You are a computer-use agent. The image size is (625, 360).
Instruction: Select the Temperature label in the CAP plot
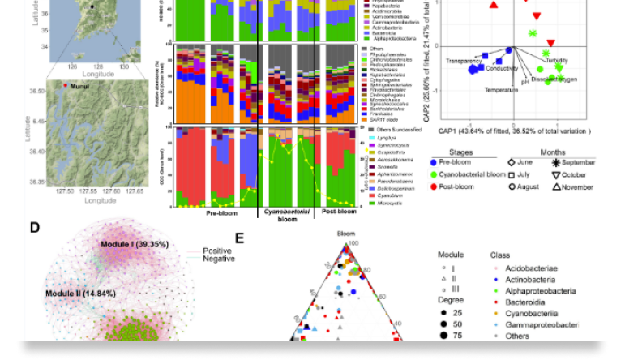coord(502,89)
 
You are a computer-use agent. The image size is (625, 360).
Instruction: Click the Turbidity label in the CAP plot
coord(556,61)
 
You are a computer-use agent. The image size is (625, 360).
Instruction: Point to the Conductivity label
coord(503,68)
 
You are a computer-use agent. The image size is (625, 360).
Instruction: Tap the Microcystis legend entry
coord(392,201)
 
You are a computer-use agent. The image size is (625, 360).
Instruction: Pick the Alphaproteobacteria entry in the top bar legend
coord(396,38)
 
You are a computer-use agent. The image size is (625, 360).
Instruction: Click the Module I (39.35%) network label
coord(134,243)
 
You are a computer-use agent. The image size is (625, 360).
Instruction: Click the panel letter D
coord(35,228)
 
